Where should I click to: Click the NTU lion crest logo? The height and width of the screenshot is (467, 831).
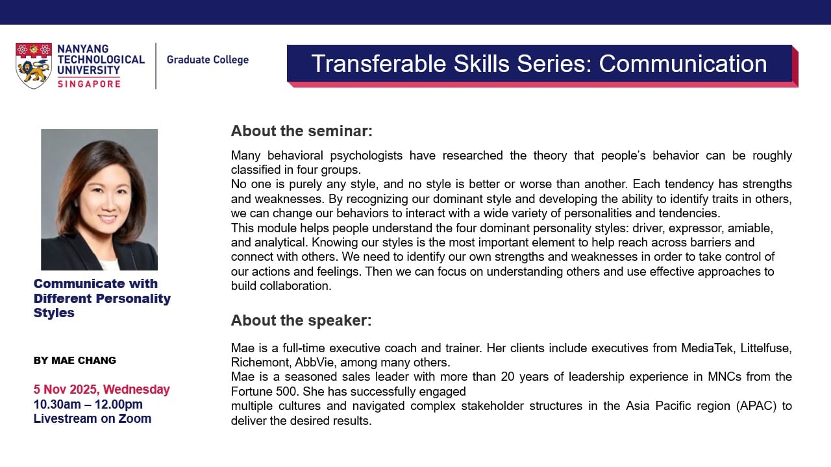click(x=34, y=66)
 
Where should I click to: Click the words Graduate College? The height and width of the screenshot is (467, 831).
click(x=207, y=60)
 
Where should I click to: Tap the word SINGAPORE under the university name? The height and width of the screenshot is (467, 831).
click(x=89, y=84)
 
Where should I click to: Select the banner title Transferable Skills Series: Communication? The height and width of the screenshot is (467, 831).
click(x=539, y=64)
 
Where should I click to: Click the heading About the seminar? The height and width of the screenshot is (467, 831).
click(x=301, y=131)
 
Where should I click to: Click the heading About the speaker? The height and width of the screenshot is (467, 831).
click(x=301, y=320)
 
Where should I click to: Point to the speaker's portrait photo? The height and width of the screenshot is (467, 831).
click(x=99, y=199)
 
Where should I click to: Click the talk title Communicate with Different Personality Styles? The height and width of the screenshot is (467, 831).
click(x=102, y=298)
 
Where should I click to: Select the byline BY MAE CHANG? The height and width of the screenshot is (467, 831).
click(x=75, y=361)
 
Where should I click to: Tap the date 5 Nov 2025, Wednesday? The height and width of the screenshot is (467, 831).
click(x=101, y=390)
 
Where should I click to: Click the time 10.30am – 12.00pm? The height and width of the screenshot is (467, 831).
click(x=88, y=405)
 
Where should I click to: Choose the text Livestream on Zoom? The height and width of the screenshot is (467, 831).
click(x=92, y=419)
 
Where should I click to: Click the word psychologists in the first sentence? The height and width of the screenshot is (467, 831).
click(x=366, y=156)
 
